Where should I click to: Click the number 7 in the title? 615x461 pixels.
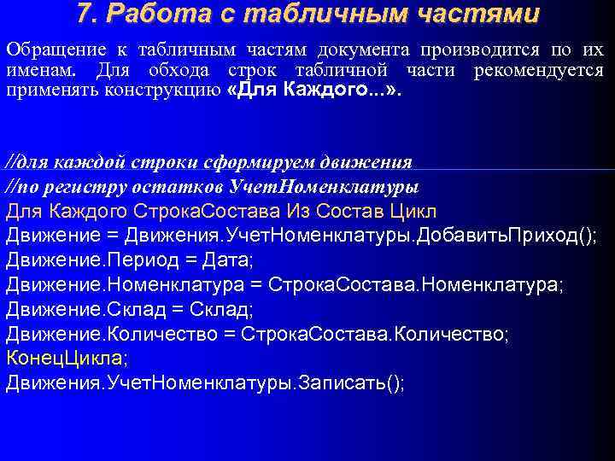(x=83, y=15)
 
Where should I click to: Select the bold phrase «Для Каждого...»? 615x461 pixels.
(x=314, y=90)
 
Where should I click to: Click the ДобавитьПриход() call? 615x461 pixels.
(x=507, y=236)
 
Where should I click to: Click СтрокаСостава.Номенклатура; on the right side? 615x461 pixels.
(x=416, y=284)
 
